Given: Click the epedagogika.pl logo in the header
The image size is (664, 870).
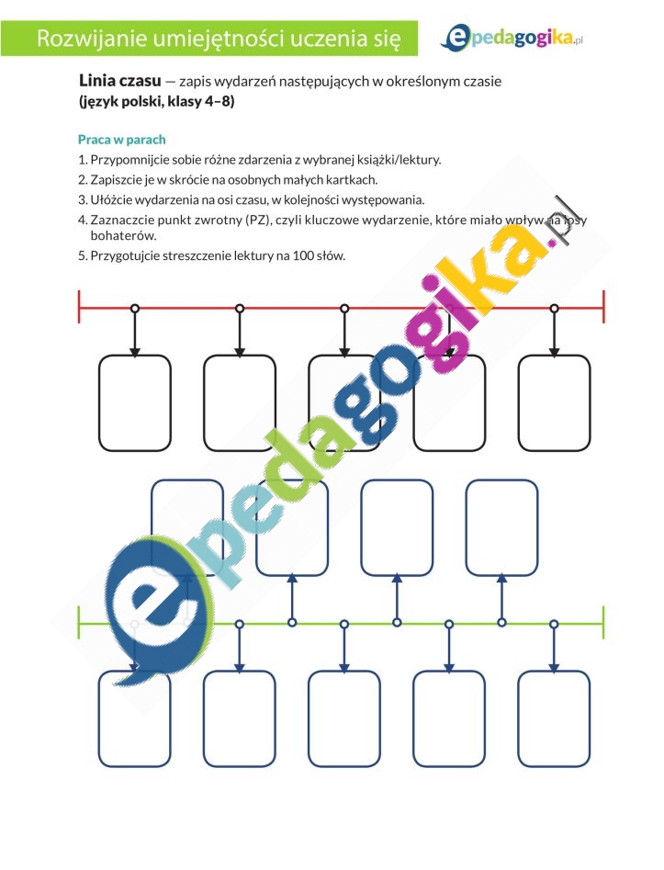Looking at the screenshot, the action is click(x=512, y=39).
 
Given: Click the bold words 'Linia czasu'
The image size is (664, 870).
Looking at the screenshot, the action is click(x=119, y=81).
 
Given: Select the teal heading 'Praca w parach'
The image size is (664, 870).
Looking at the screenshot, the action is click(x=121, y=140).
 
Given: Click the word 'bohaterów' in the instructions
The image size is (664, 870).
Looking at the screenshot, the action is click(x=123, y=236).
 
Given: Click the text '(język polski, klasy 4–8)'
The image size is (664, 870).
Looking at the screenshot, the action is click(x=156, y=102).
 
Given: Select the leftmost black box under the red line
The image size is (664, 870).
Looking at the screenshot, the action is click(x=135, y=402).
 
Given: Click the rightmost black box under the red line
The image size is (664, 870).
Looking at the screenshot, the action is click(x=554, y=402).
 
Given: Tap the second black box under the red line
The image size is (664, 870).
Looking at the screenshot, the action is click(x=240, y=402).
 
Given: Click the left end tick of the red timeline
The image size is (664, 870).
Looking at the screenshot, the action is click(x=79, y=306).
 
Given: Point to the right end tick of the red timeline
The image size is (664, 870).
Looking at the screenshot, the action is click(x=603, y=306).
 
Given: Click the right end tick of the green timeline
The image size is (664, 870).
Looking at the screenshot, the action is click(x=603, y=623).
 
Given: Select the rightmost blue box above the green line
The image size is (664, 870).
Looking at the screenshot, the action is click(x=502, y=527).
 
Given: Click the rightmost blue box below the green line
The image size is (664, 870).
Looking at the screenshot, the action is click(x=554, y=719).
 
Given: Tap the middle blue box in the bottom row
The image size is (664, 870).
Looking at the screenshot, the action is click(x=343, y=719).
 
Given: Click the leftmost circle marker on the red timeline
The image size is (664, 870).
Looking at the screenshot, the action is click(x=135, y=308).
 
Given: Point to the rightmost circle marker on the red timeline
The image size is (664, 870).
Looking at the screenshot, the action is click(x=554, y=308).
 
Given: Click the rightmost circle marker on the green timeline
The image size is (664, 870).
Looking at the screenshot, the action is click(x=554, y=624).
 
